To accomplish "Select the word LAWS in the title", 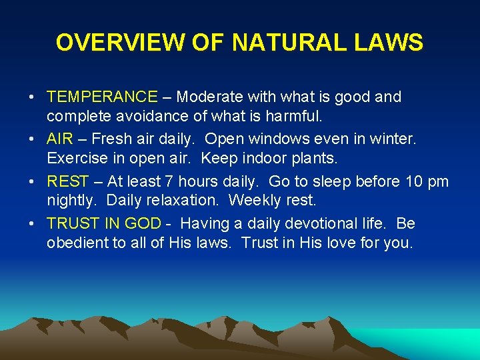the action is pyautogui.click(x=389, y=42).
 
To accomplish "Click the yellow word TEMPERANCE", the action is pyautogui.click(x=102, y=97).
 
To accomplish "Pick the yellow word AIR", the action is pyautogui.click(x=60, y=139).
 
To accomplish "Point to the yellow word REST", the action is pyautogui.click(x=68, y=181).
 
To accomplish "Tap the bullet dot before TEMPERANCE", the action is pyautogui.click(x=31, y=97).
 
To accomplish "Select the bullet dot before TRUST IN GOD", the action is pyautogui.click(x=31, y=224).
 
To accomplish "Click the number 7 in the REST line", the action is pyautogui.click(x=169, y=181).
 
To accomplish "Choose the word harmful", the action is pyautogui.click(x=294, y=116).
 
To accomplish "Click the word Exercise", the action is pyautogui.click(x=77, y=158).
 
